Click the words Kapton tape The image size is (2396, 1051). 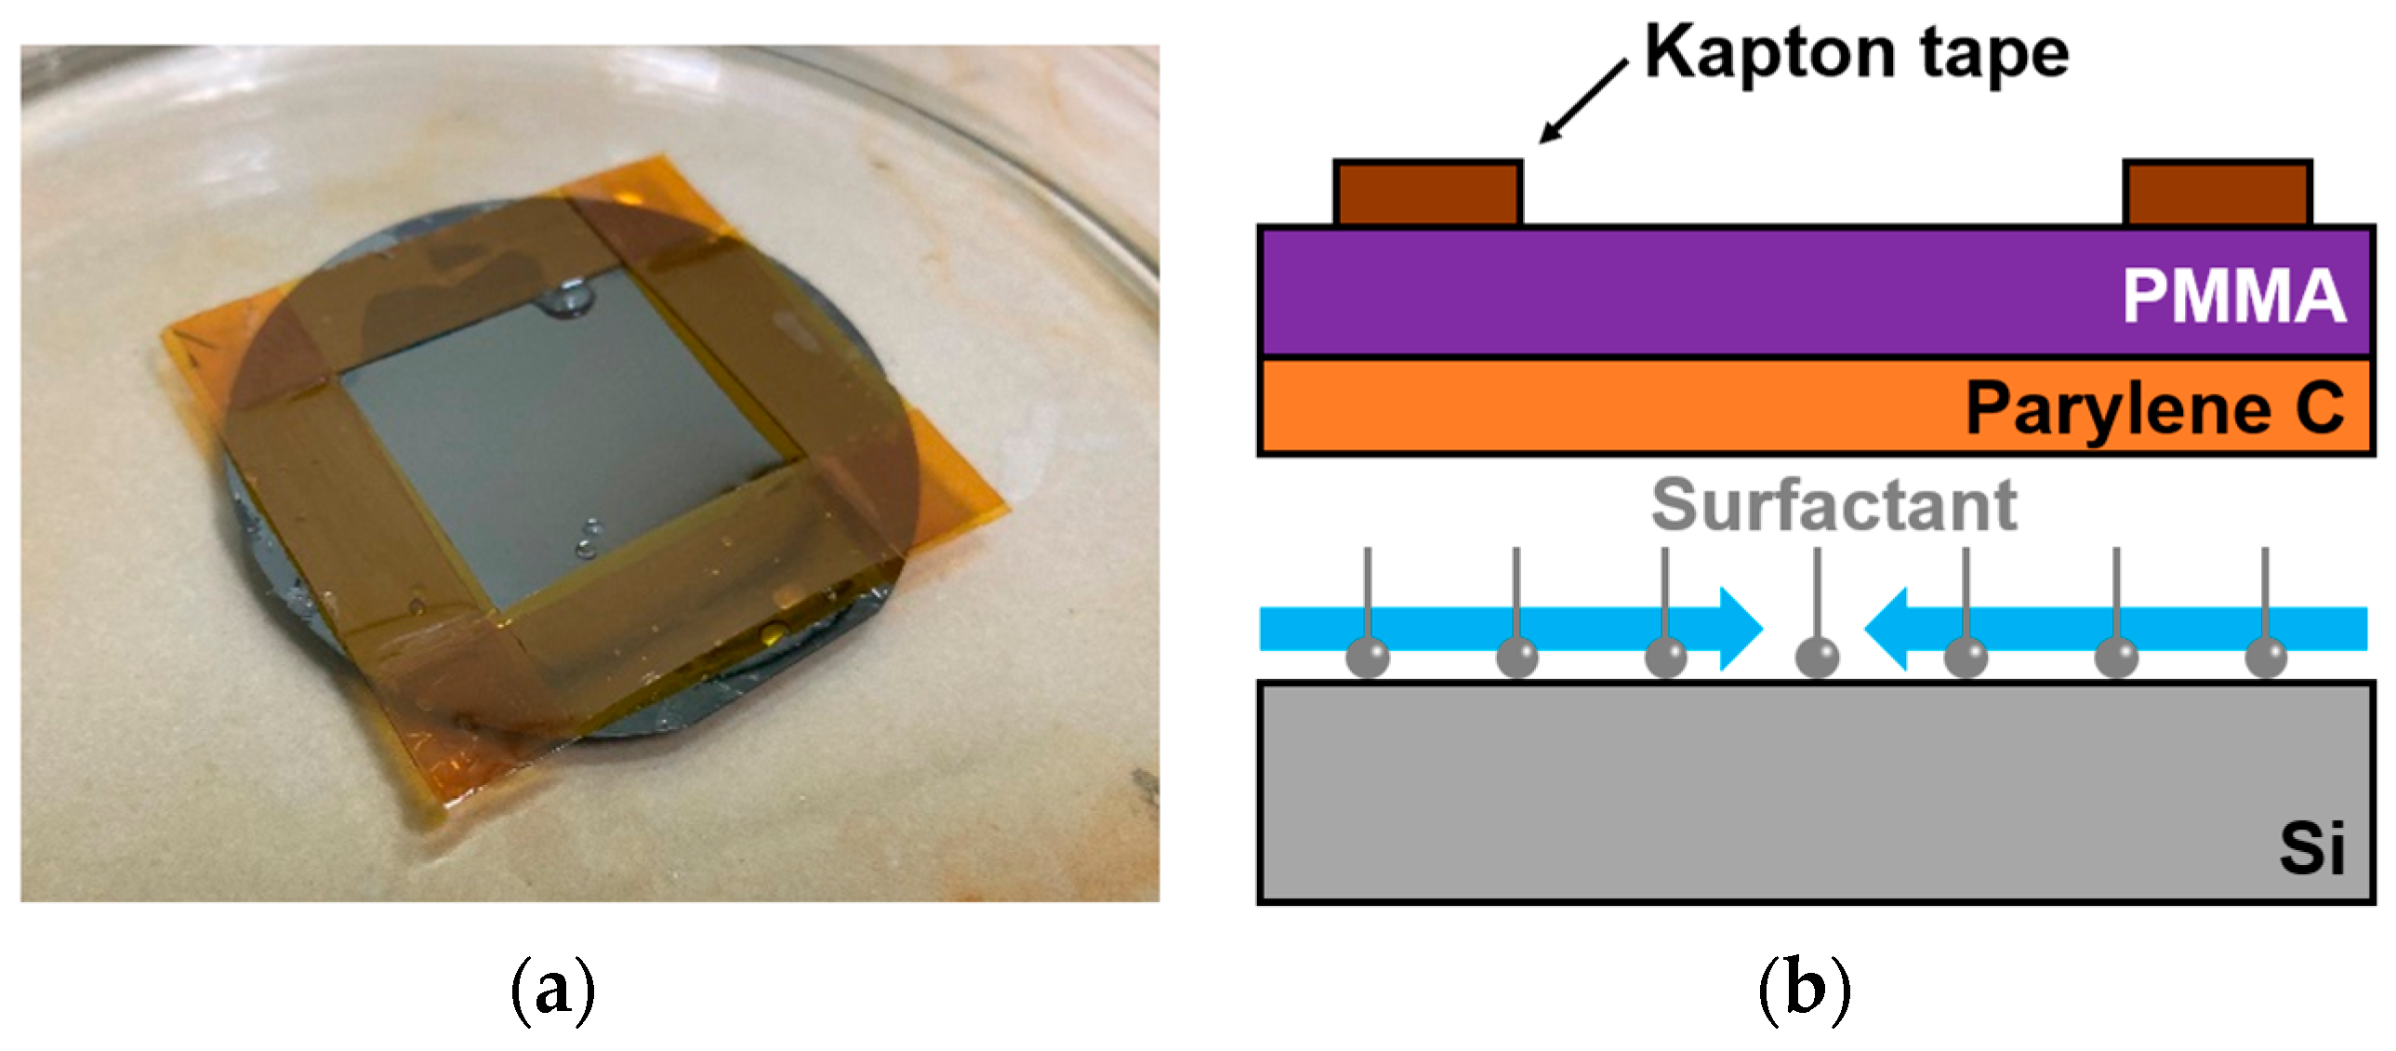point(1857,53)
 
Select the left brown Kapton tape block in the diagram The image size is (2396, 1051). point(1427,193)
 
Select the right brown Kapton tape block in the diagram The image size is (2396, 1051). point(2217,193)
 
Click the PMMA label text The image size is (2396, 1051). point(2233,296)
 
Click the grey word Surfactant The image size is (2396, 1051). point(1833,506)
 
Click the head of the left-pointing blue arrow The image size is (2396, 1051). point(1888,629)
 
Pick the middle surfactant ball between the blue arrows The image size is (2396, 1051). point(1816,657)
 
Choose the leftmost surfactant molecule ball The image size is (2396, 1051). point(1368,657)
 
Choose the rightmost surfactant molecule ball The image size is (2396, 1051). point(2266,657)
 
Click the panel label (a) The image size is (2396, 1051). point(552,991)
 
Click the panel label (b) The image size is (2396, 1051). point(1804,991)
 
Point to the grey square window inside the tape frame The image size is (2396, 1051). point(558,446)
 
